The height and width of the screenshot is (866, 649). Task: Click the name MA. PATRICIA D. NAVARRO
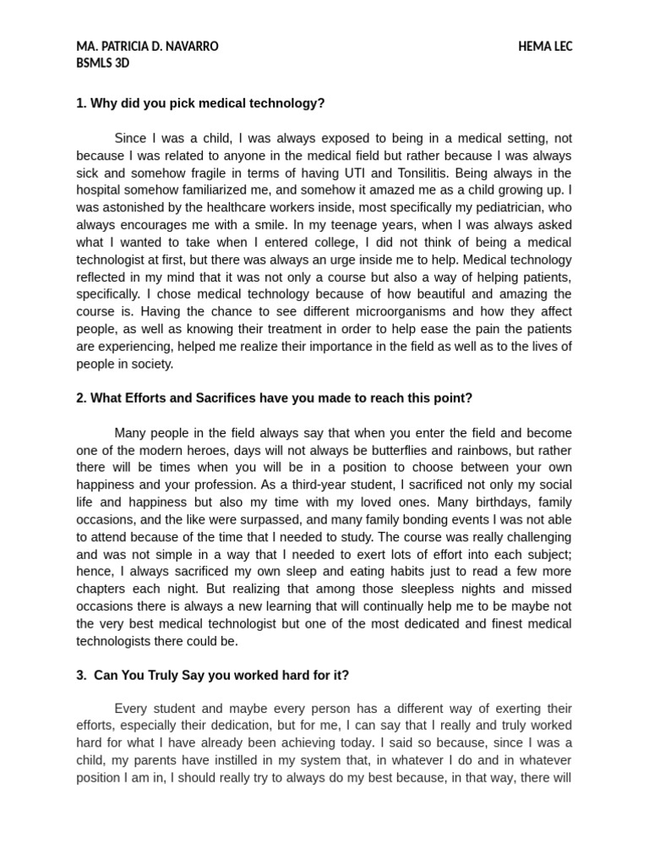click(x=147, y=47)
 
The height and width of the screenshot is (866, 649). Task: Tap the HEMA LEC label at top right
click(x=545, y=47)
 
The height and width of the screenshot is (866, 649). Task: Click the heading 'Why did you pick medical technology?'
click(x=200, y=103)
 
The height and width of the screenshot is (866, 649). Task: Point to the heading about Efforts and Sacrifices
click(x=274, y=397)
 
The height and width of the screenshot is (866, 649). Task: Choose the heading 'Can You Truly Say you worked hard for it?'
click(x=212, y=675)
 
